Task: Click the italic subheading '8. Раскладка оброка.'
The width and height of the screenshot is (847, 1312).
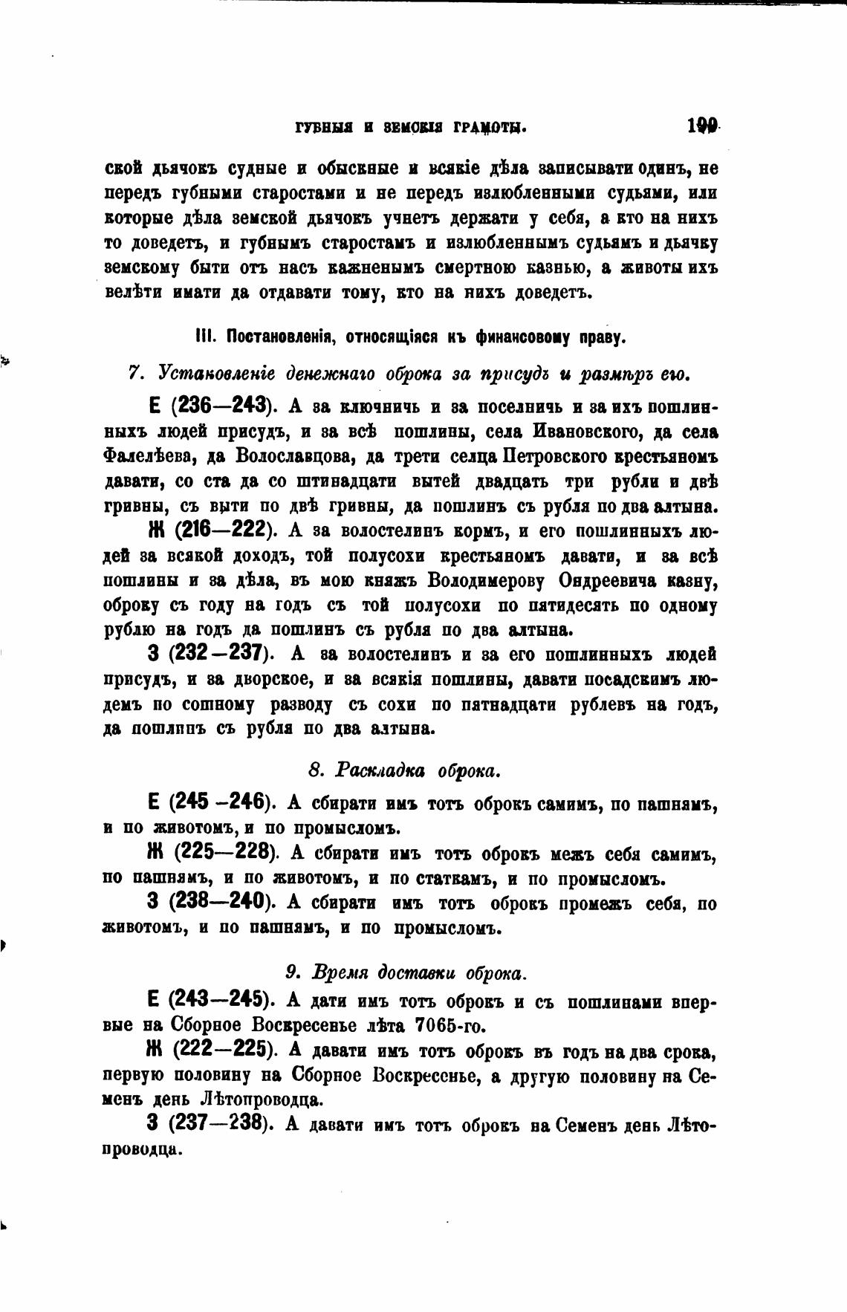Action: pos(405,770)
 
